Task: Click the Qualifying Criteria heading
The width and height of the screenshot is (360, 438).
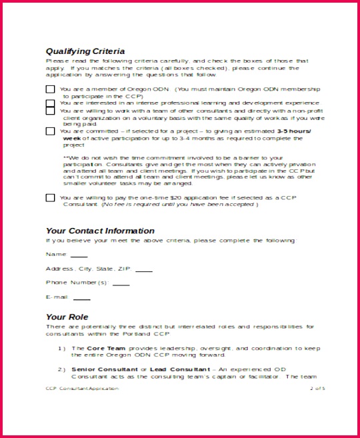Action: [85, 51]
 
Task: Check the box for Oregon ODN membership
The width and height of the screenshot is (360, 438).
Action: [50, 89]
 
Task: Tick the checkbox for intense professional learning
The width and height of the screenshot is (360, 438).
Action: [50, 103]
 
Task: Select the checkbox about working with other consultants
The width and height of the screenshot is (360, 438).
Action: [50, 111]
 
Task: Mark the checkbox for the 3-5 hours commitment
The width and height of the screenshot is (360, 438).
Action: [50, 131]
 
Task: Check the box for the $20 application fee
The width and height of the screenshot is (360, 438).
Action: [50, 197]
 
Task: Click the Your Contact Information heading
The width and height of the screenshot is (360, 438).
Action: [100, 231]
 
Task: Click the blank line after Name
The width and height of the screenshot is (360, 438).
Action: [79, 256]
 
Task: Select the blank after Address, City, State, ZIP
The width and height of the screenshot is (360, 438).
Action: [143, 271]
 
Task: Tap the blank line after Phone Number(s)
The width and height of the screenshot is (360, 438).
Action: [121, 285]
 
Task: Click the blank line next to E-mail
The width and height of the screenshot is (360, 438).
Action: [81, 299]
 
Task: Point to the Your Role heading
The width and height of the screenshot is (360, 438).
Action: [67, 317]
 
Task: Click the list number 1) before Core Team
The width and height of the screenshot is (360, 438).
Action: [61, 348]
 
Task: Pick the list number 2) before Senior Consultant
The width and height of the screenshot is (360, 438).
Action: [61, 369]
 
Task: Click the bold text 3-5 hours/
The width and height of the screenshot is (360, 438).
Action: [293, 131]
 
